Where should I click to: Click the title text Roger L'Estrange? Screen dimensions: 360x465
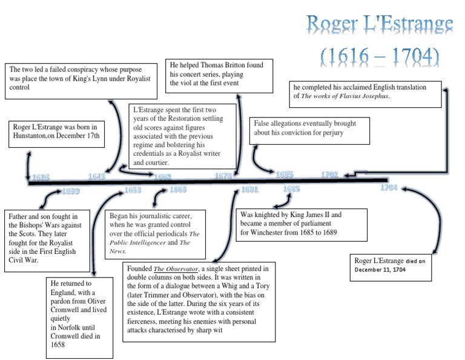tap(379, 24)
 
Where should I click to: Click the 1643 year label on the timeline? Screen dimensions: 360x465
tap(97, 176)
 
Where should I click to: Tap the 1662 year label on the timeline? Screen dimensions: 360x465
tap(162, 176)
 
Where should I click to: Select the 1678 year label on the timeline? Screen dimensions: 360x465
tap(224, 176)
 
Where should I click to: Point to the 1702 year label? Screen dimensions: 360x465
tap(329, 175)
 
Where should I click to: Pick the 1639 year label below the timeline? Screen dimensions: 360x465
tap(70, 192)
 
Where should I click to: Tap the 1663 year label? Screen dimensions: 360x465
tap(178, 190)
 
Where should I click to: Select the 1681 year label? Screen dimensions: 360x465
tap(249, 190)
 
